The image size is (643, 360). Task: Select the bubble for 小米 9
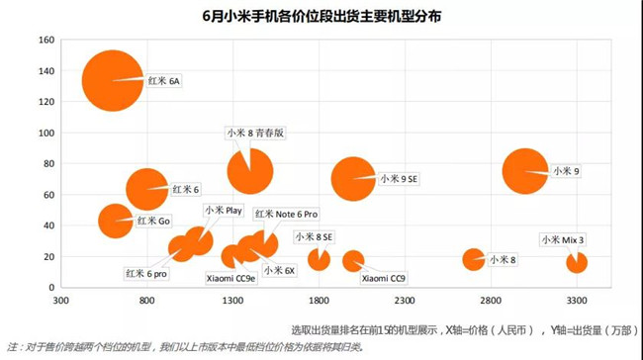point(524,171)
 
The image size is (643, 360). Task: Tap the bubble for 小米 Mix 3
point(577,262)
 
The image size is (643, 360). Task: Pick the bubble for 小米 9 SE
point(352,179)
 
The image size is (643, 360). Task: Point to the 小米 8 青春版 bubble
point(249,170)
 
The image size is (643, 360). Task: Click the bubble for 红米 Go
point(116,221)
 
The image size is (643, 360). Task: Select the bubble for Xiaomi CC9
point(353,261)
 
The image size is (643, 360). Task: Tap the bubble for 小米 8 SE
point(319,259)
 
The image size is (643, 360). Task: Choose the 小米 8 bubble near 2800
point(474,259)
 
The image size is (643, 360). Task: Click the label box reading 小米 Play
point(224,210)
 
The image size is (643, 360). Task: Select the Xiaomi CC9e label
point(230,279)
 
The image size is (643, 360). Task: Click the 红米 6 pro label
point(145,273)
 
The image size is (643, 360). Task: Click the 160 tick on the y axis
point(46,41)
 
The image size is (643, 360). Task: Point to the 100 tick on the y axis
point(46,133)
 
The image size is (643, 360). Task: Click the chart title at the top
point(321,17)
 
